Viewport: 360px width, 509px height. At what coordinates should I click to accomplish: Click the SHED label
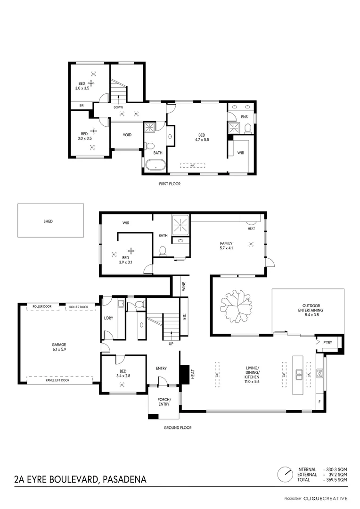pos(48,221)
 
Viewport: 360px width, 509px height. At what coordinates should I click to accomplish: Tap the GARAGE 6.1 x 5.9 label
pos(59,347)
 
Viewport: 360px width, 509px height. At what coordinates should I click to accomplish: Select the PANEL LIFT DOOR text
pos(58,380)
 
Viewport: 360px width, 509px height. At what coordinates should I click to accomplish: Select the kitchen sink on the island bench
pos(299,375)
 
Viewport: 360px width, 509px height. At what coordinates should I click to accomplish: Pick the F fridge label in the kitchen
pos(320,402)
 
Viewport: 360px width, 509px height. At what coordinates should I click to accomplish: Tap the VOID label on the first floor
pos(127,135)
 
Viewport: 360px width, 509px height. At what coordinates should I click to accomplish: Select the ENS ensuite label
pos(244,116)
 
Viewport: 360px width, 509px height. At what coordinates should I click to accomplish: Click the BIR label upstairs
pos(82,106)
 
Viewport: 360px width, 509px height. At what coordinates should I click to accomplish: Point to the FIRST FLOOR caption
pos(170,184)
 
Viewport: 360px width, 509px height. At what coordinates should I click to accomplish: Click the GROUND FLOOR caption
pos(177,428)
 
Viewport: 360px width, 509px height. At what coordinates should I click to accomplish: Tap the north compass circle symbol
pos(284,474)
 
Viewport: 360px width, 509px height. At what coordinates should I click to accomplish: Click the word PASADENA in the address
pos(124,480)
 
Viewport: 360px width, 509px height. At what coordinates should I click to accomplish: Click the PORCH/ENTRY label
pos(164,402)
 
